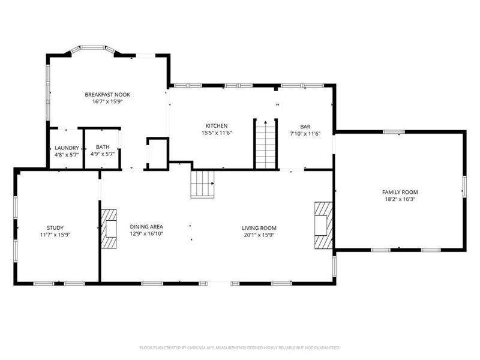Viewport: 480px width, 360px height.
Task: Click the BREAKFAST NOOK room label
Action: pyautogui.click(x=107, y=95)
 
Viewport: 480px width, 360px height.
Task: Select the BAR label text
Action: pyautogui.click(x=305, y=127)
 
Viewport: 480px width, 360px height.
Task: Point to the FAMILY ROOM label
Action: pyautogui.click(x=399, y=192)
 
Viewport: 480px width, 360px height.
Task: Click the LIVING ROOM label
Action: pyautogui.click(x=259, y=228)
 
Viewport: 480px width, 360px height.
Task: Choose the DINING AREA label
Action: pyautogui.click(x=146, y=227)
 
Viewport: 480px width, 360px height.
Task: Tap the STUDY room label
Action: pyautogui.click(x=55, y=228)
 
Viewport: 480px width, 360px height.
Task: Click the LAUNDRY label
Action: pyautogui.click(x=66, y=148)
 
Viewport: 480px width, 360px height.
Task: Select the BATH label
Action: pyautogui.click(x=103, y=147)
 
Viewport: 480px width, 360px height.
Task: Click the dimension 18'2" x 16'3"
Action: pyautogui.click(x=399, y=199)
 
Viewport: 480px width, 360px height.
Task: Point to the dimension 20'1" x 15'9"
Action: pyautogui.click(x=259, y=235)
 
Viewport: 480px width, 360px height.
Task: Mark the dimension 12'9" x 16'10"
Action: pyautogui.click(x=146, y=235)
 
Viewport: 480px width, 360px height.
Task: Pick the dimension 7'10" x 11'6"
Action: pyautogui.click(x=305, y=134)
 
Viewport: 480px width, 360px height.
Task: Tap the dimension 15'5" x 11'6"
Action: pyautogui.click(x=216, y=133)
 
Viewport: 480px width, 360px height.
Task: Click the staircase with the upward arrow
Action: pyautogui.click(x=265, y=145)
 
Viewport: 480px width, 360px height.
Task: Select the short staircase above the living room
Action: pyautogui.click(x=203, y=184)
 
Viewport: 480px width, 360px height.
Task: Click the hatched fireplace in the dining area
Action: pyautogui.click(x=109, y=229)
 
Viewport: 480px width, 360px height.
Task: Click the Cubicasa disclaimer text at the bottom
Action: pyautogui.click(x=240, y=347)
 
